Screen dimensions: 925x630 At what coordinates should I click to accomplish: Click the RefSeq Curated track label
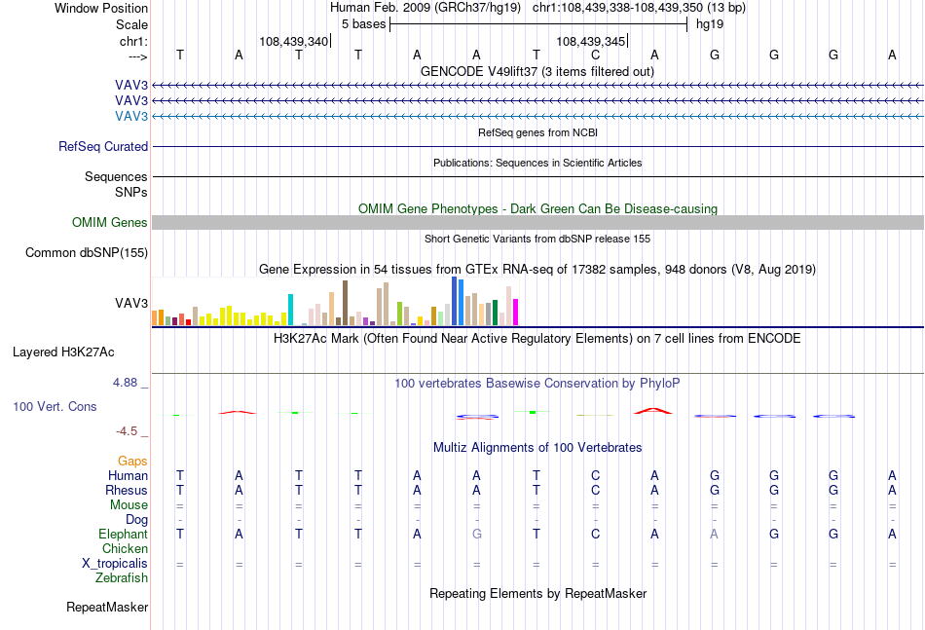tap(103, 146)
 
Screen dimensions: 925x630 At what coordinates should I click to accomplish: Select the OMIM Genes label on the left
tap(110, 222)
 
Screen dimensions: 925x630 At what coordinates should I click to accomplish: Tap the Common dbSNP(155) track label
tap(87, 252)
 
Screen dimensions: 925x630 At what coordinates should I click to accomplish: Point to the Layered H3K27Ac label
tap(63, 352)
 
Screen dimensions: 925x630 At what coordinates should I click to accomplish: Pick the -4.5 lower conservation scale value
tap(127, 431)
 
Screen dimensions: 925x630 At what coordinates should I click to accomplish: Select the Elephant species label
tap(124, 534)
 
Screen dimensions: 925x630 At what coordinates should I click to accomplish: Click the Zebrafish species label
tap(122, 578)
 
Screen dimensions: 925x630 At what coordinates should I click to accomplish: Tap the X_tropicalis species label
tap(115, 564)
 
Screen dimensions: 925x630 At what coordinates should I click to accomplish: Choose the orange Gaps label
tap(132, 461)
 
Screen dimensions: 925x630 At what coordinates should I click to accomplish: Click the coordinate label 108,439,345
tap(590, 41)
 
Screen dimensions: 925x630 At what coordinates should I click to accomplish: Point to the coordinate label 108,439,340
tap(293, 41)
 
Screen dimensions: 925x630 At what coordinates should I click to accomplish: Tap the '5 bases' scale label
tap(363, 24)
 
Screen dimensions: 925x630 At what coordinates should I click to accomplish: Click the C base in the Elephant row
tap(595, 534)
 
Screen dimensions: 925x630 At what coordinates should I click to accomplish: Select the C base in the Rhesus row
tap(595, 490)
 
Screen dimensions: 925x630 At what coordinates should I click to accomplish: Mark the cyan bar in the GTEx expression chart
tap(290, 310)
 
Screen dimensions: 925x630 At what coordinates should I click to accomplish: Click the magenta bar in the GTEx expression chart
tap(516, 312)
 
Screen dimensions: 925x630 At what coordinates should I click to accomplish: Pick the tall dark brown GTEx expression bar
tap(345, 303)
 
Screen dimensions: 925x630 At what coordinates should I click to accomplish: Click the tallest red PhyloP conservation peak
tap(653, 411)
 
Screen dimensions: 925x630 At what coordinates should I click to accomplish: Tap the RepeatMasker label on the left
tap(107, 607)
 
